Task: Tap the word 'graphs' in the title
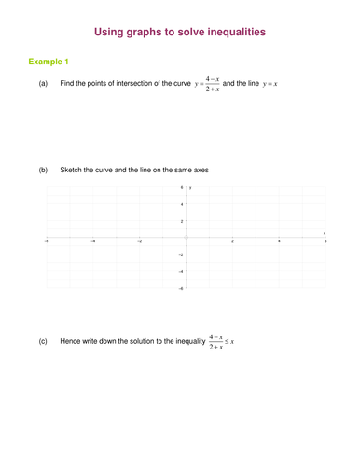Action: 145,33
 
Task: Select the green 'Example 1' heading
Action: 48,62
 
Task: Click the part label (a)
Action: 43,85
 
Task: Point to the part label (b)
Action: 43,171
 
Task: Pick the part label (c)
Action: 43,342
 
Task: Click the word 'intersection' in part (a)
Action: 126,85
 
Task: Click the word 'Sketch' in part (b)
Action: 71,171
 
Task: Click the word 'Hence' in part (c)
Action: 71,342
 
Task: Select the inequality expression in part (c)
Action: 221,342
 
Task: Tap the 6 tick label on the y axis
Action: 182,187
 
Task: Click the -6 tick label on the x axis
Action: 47,241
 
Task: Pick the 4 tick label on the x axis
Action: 279,241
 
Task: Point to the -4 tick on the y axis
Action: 181,271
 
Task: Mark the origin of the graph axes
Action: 187,238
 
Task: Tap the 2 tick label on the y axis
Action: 182,221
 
